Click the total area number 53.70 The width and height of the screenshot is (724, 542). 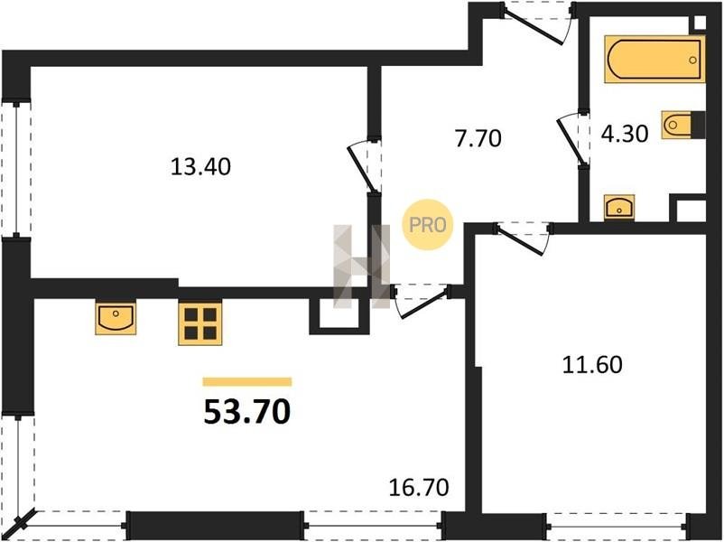[x=247, y=412]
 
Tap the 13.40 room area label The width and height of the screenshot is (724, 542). [x=200, y=166]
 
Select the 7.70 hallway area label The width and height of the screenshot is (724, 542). [x=478, y=138]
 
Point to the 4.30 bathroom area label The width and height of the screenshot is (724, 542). [x=625, y=134]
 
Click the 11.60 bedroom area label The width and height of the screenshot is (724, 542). [x=592, y=365]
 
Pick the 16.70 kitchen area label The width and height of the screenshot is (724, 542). [x=419, y=488]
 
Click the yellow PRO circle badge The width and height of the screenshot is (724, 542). [x=428, y=225]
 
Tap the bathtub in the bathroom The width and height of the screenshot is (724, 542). [x=654, y=60]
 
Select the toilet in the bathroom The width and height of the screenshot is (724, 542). [x=682, y=125]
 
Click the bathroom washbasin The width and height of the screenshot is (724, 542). [x=619, y=208]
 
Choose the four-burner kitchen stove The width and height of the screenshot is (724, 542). [x=200, y=323]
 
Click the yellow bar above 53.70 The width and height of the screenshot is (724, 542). [x=247, y=381]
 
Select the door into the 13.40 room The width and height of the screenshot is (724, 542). [x=364, y=165]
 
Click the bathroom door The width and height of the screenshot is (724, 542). [x=572, y=137]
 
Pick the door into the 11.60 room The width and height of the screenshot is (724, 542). [x=523, y=237]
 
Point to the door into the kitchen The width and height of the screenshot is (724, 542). [x=421, y=300]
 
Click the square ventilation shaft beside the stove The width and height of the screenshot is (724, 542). [x=339, y=314]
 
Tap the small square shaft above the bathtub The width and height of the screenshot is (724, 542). [x=700, y=23]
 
